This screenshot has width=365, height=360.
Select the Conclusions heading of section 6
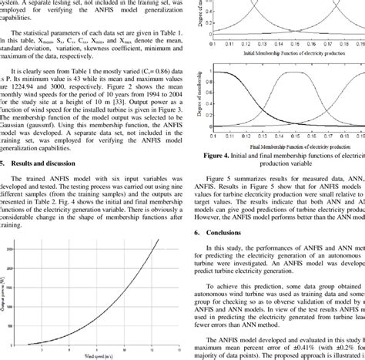coord(223,210)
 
